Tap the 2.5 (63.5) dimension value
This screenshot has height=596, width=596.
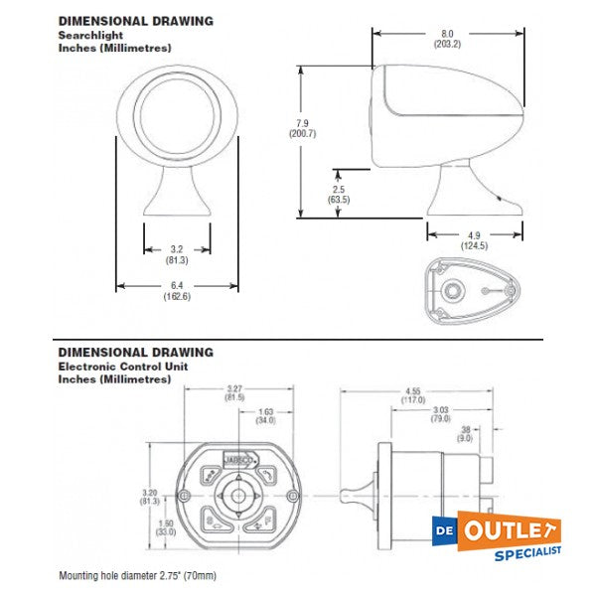pos(338,193)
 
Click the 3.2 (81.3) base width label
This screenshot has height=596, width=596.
pos(177,254)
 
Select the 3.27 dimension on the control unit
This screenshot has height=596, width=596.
pos(235,392)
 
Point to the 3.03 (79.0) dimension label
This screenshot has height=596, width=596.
pos(440,414)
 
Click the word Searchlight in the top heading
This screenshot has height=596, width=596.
pos(86,34)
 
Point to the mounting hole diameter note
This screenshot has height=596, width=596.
pos(136,575)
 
